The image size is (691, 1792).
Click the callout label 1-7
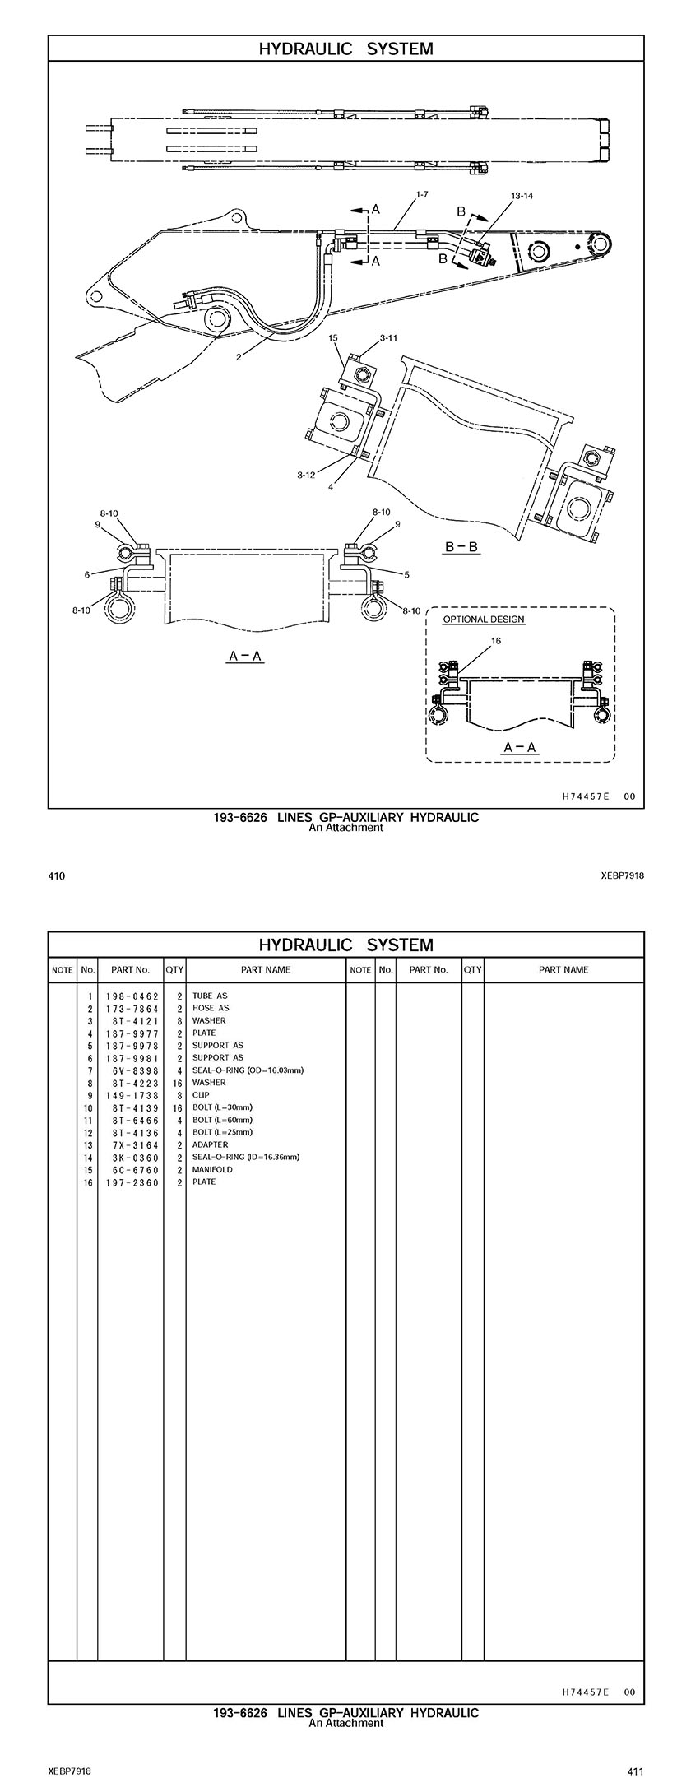point(421,195)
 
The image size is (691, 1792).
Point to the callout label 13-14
point(522,196)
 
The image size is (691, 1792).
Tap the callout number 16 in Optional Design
point(496,641)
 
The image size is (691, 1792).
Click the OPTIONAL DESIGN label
point(484,619)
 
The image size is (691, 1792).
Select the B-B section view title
point(461,546)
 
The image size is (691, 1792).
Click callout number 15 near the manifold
point(333,337)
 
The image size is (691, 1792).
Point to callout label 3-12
point(306,475)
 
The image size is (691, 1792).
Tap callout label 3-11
point(389,338)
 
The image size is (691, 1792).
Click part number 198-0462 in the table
point(132,996)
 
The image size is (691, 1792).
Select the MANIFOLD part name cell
point(212,1169)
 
